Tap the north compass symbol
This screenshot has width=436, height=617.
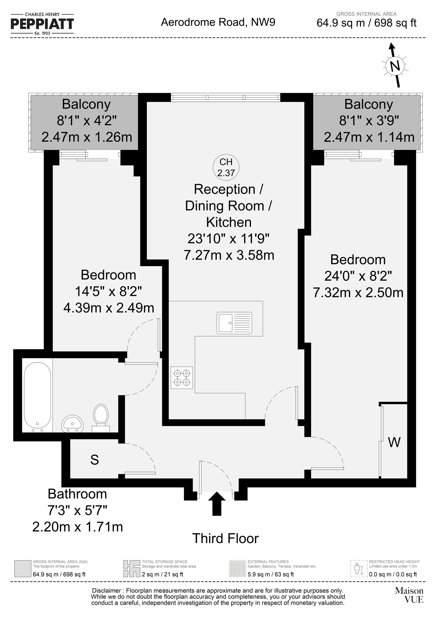394,66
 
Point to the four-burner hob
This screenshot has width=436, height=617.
182,378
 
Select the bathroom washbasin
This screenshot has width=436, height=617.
73,424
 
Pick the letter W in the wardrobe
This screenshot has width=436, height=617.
394,442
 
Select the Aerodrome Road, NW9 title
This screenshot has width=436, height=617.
218,22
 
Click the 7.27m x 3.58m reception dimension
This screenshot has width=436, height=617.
229,255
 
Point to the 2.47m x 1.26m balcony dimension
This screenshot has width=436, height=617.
87,137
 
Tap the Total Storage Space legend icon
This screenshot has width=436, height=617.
132,569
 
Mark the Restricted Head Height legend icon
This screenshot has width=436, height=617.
359,569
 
